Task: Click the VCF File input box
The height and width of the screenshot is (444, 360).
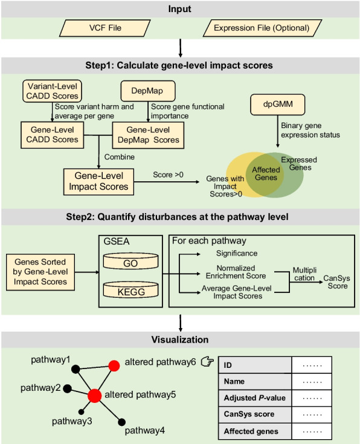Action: [x=105, y=28]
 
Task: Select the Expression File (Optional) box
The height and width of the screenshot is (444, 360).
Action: [x=262, y=28]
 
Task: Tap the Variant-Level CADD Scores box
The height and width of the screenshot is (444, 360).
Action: [x=52, y=91]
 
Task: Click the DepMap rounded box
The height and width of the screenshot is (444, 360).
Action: [x=148, y=91]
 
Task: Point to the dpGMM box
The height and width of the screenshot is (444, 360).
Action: [x=278, y=105]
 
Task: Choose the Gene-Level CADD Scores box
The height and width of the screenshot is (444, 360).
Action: [x=52, y=135]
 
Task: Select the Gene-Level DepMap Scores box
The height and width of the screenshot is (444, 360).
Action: [x=148, y=135]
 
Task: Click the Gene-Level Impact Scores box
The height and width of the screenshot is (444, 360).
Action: [x=98, y=182]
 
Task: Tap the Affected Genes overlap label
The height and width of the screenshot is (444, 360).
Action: [x=266, y=173]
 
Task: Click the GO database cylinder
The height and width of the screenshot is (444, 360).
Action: [x=130, y=261]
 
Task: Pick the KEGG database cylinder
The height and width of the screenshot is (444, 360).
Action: [x=130, y=290]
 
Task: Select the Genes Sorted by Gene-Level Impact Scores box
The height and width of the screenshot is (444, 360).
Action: [x=40, y=272]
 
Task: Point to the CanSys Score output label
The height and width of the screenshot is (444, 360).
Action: [x=337, y=282]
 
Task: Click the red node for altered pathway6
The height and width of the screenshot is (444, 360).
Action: [x=114, y=366]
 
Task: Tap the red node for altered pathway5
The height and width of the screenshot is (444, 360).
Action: [x=95, y=396]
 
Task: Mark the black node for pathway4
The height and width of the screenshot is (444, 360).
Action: [x=122, y=422]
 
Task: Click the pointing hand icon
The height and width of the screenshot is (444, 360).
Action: [x=207, y=362]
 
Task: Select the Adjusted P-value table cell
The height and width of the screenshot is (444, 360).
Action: [x=255, y=398]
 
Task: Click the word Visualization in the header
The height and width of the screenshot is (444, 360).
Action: [x=180, y=339]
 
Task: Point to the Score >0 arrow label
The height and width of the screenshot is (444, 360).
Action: [x=168, y=175]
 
